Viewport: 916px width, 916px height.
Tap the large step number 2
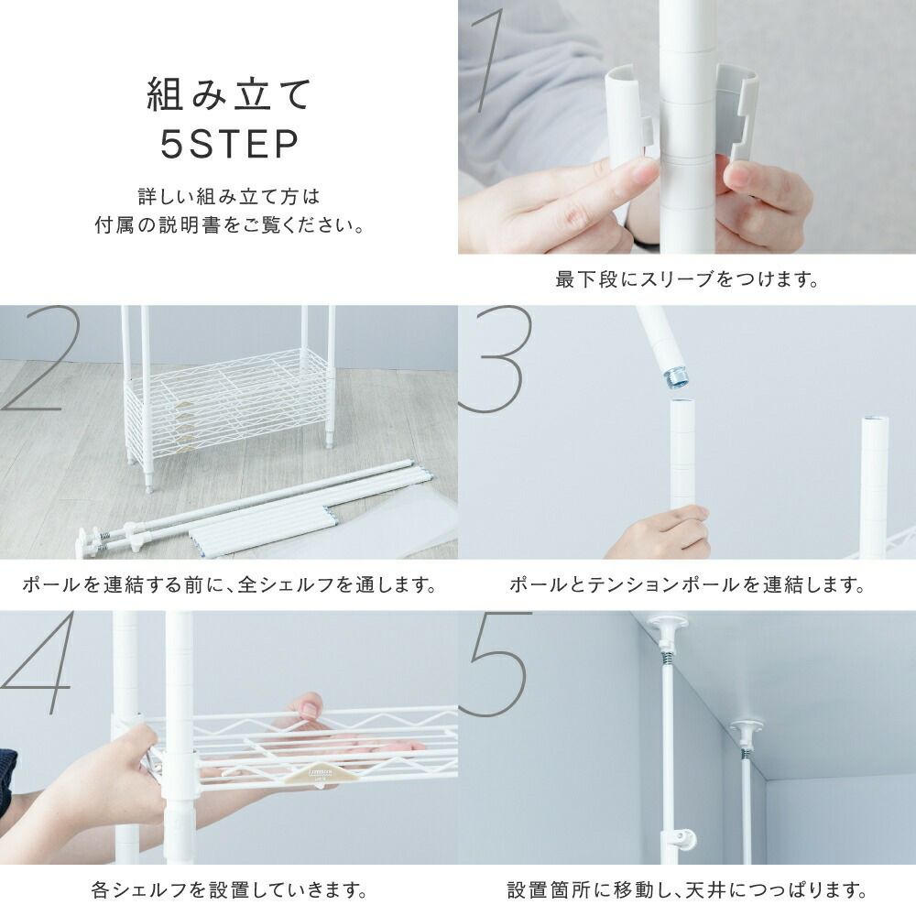click(x=38, y=357)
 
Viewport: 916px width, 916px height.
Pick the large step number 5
click(x=496, y=664)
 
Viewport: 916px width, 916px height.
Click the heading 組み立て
click(x=229, y=94)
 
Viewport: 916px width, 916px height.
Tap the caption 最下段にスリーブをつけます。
click(x=686, y=279)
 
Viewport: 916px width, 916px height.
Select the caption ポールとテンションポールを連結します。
click(x=686, y=584)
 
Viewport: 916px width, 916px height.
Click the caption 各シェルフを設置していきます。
click(x=229, y=889)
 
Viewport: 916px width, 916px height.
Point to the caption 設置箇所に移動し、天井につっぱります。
click(x=686, y=889)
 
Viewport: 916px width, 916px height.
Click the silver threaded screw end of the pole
click(x=677, y=377)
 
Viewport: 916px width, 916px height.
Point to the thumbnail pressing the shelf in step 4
click(x=310, y=709)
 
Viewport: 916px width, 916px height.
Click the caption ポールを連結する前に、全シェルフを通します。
click(x=229, y=584)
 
